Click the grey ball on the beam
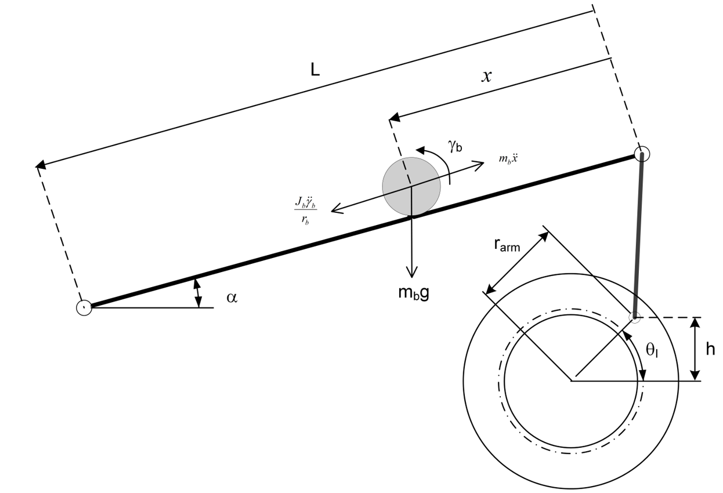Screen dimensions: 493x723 click(x=411, y=186)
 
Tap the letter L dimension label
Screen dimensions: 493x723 click(x=314, y=70)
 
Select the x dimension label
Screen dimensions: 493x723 click(x=486, y=76)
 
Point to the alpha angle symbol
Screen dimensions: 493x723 click(x=232, y=298)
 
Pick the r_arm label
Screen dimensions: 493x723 click(x=507, y=246)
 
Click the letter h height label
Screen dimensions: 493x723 click(x=710, y=349)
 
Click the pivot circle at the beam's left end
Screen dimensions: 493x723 click(x=84, y=307)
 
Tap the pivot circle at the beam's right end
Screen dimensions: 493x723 click(x=641, y=154)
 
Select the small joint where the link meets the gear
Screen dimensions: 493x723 click(x=635, y=317)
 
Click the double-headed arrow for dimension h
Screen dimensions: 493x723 click(x=695, y=349)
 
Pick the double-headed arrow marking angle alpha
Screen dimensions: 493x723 click(x=198, y=293)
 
